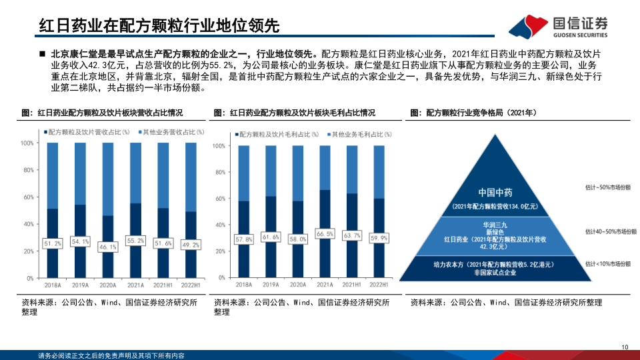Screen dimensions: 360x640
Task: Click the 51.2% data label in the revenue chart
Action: (x=53, y=244)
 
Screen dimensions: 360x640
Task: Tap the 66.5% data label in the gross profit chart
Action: (x=325, y=234)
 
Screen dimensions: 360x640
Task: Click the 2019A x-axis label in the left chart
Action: (x=80, y=285)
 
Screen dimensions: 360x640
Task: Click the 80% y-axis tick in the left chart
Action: (x=27, y=170)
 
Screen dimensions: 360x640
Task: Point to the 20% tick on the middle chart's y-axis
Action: (x=218, y=251)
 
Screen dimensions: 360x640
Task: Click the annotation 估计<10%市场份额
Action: (x=607, y=265)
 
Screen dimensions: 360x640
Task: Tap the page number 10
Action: (x=625, y=347)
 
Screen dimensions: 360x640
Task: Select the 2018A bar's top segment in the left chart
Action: (x=53, y=175)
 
